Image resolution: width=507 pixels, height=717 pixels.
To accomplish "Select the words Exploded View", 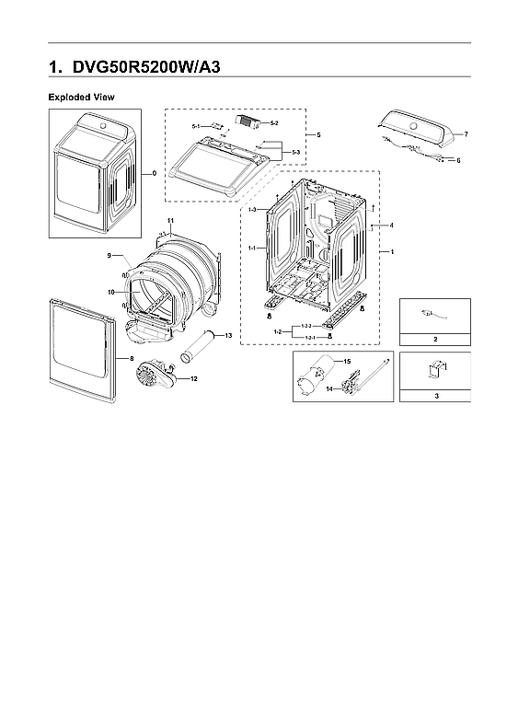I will click(81, 97).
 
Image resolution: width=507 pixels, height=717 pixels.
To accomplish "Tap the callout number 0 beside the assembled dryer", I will click(154, 172).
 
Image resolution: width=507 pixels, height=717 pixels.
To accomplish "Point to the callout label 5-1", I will click(197, 125).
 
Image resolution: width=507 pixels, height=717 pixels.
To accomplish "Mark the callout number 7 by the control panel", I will click(466, 134).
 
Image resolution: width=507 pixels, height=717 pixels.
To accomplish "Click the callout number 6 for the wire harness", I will click(457, 160).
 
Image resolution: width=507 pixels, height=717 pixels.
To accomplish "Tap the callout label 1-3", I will click(252, 211).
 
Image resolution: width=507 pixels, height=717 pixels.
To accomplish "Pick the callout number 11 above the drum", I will click(170, 220).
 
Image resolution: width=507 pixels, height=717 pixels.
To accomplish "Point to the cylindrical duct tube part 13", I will click(197, 351).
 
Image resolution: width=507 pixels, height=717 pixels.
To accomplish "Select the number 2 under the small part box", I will click(435, 340).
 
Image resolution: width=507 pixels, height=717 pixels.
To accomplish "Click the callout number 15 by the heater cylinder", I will click(349, 363).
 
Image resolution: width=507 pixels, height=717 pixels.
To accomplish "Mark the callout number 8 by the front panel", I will click(131, 358).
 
